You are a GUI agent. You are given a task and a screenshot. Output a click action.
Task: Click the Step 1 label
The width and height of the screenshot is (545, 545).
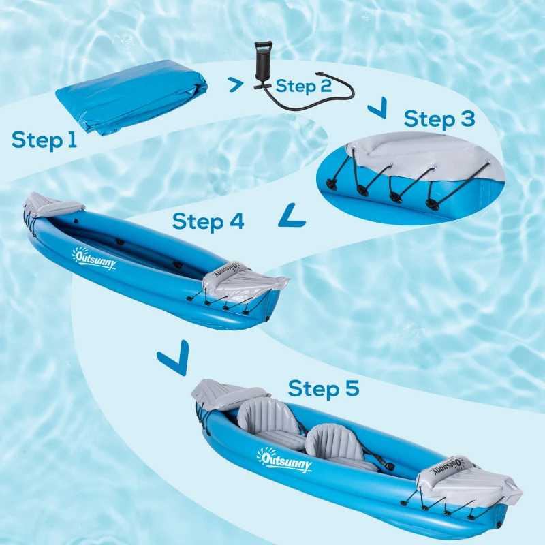44,140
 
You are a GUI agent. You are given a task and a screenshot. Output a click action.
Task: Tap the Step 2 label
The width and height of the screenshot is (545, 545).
304,87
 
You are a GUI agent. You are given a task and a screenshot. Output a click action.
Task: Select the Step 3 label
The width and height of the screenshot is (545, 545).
439,119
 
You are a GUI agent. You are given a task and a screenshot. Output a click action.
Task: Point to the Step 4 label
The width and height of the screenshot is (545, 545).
208,221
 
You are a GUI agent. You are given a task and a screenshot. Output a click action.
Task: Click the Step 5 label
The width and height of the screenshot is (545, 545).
323,389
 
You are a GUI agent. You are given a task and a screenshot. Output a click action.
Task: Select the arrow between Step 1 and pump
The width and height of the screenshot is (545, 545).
235,84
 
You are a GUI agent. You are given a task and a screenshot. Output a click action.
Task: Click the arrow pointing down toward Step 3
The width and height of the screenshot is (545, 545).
376,107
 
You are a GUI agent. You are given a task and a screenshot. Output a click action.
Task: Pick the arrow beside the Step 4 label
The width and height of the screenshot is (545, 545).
292,216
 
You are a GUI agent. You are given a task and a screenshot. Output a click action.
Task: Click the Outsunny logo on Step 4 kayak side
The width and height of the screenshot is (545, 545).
94,258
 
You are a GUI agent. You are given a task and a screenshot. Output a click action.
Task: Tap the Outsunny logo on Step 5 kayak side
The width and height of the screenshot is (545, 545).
284,460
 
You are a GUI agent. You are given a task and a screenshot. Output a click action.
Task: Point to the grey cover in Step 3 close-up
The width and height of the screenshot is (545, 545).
422,153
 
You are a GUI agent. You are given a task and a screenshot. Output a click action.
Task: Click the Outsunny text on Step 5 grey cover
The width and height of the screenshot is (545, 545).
446,469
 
